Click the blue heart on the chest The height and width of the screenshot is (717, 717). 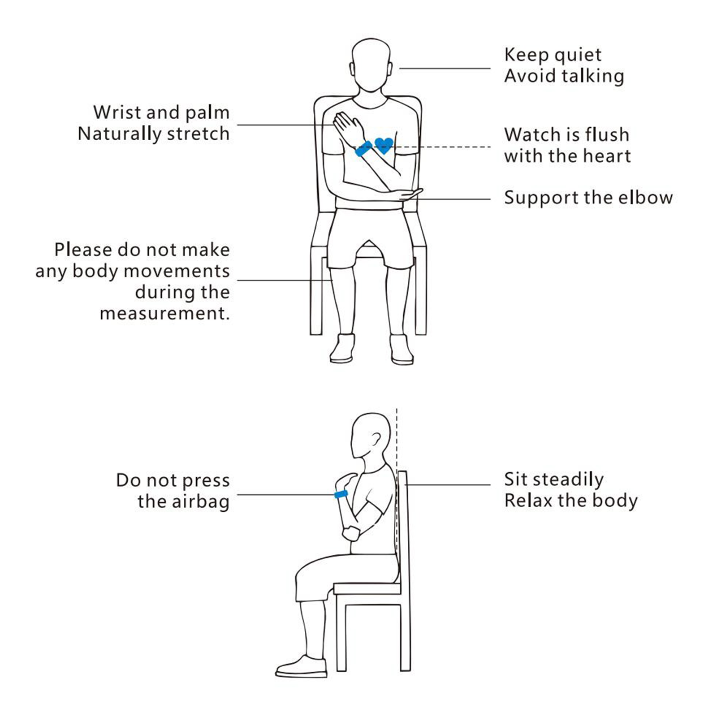click(384, 145)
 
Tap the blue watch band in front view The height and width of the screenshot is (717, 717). click(363, 148)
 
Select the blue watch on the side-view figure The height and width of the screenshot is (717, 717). click(341, 494)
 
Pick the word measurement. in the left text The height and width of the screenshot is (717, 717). click(164, 313)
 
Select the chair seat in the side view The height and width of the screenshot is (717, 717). click(367, 588)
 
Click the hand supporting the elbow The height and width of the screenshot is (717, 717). click(410, 194)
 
